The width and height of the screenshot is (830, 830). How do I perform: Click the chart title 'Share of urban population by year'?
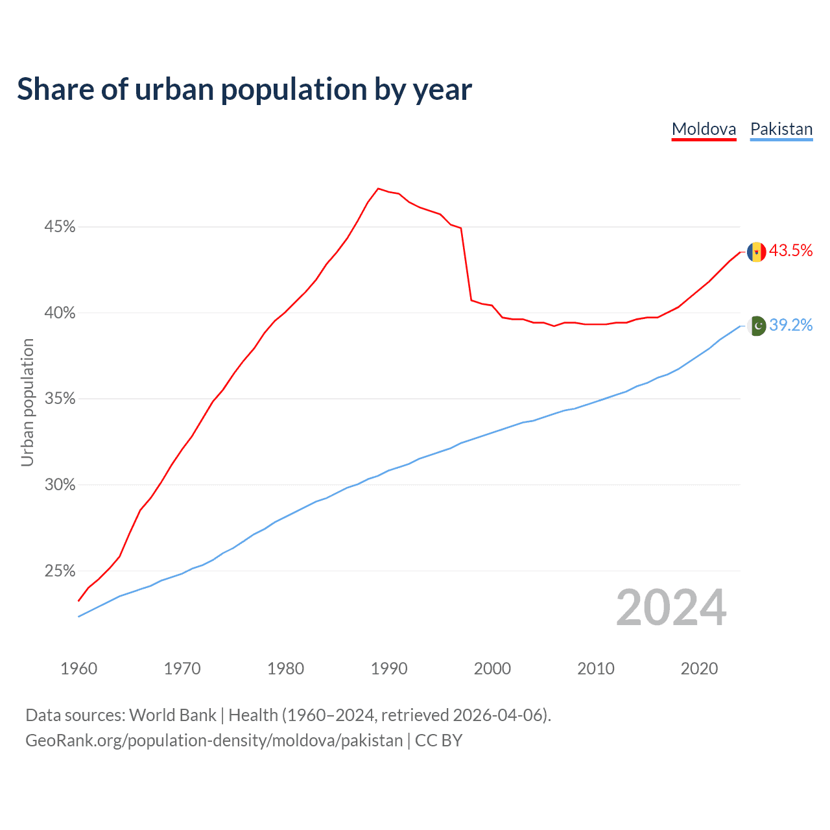click(x=244, y=89)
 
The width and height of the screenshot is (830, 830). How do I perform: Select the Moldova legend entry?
click(x=704, y=129)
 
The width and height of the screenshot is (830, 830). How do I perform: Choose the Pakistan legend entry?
click(x=781, y=129)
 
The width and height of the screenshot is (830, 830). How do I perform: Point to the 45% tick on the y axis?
click(x=60, y=227)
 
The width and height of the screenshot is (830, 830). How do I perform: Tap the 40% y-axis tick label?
click(x=60, y=313)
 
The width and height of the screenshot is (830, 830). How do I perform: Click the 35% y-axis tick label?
click(x=60, y=399)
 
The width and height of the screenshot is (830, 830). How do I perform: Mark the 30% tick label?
click(x=60, y=485)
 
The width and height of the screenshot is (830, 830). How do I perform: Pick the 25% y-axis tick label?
click(x=60, y=571)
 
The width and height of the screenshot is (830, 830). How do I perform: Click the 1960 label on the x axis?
click(x=78, y=669)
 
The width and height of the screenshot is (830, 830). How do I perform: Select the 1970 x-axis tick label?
click(x=182, y=669)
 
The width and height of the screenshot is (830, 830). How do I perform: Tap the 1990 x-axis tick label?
click(x=389, y=669)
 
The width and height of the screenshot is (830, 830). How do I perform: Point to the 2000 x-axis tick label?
click(x=492, y=669)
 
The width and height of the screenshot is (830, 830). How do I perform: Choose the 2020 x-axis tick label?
click(x=699, y=669)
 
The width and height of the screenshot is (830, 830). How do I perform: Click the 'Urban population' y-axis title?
click(x=27, y=402)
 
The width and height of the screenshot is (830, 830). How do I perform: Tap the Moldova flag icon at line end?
click(x=756, y=252)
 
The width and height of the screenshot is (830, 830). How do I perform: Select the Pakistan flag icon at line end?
click(x=757, y=326)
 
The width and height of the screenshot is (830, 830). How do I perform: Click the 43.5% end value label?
click(x=790, y=251)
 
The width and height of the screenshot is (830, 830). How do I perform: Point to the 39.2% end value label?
click(x=790, y=325)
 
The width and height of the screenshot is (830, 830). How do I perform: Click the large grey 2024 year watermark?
click(x=671, y=608)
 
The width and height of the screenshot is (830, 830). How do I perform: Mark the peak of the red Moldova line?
click(x=378, y=189)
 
